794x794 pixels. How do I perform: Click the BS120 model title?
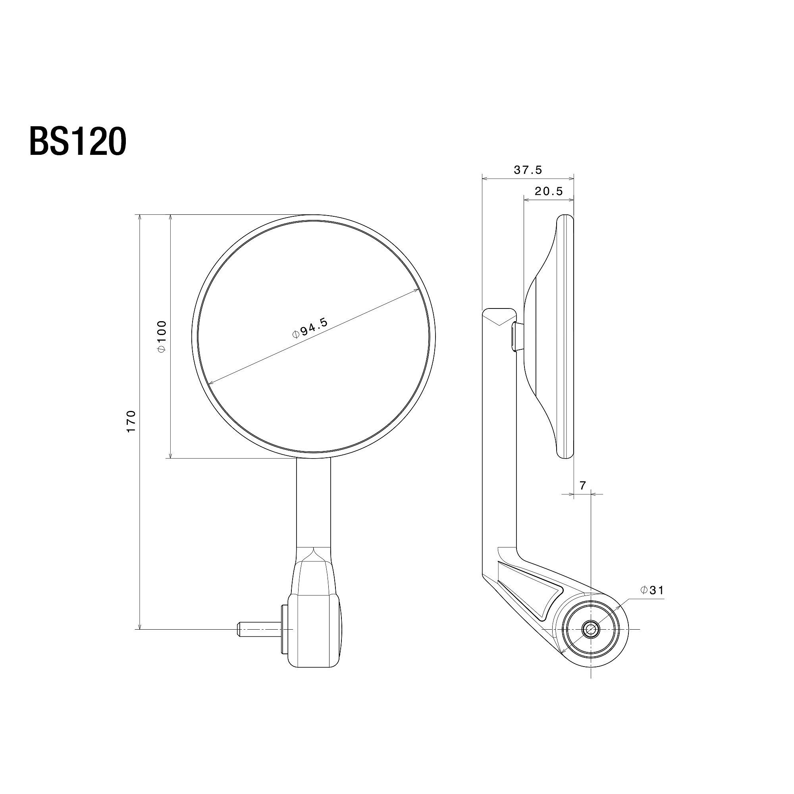click(77, 141)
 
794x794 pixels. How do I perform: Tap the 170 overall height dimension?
click(131, 421)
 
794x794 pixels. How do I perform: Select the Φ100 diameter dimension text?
click(162, 336)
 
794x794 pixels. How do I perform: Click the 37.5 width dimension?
click(528, 170)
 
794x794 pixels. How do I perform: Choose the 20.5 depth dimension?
click(549, 191)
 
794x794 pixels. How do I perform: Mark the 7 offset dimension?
click(582, 486)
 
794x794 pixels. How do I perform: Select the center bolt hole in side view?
click(591, 640)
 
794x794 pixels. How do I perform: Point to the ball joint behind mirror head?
click(518, 337)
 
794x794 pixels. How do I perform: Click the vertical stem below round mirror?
click(313, 503)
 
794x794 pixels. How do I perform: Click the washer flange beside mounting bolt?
click(284, 640)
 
